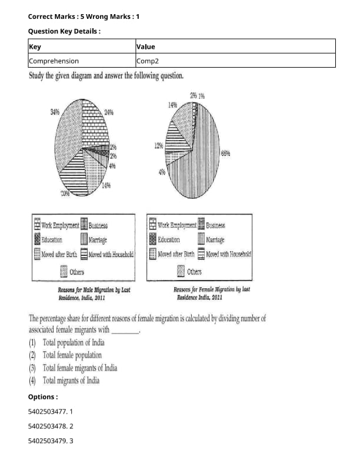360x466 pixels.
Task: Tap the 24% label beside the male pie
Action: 109,112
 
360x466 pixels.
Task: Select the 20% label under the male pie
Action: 65,193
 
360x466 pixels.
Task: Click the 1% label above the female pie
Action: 201,96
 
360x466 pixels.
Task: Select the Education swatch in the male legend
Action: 37,239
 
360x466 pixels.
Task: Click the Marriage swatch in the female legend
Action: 201,239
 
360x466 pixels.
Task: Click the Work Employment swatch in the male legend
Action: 37,225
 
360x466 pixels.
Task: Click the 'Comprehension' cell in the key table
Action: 54,61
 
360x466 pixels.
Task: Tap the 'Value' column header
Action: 145,46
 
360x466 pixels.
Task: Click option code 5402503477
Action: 47,412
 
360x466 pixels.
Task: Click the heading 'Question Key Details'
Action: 64,31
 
